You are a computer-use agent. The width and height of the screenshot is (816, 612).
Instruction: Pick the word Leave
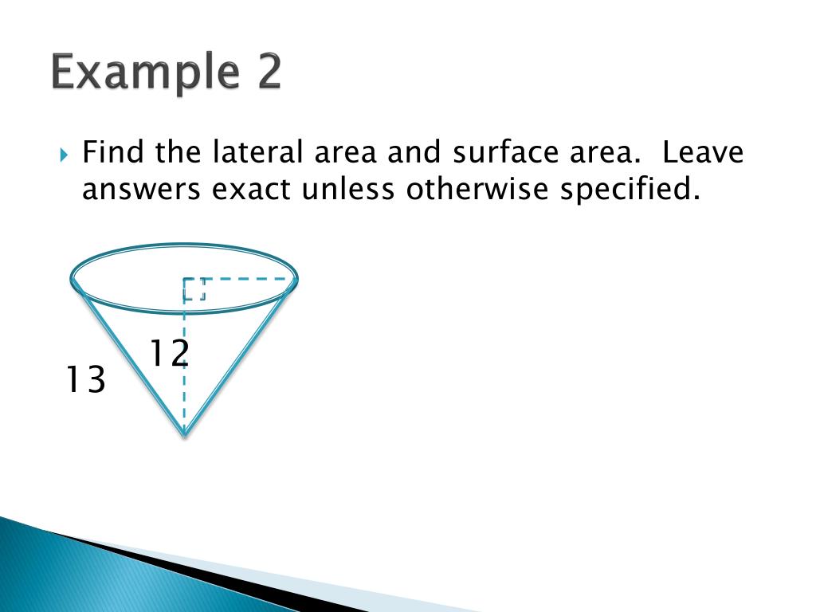[x=702, y=151]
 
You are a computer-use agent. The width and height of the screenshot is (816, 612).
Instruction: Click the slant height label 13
[x=85, y=380]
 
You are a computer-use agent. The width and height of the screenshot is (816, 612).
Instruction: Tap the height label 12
[x=169, y=353]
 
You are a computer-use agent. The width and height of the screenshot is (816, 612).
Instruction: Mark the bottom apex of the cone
[x=184, y=433]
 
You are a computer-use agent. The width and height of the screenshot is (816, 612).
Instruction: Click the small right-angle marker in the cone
[x=195, y=289]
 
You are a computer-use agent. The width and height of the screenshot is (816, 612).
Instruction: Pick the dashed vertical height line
[x=184, y=398]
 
